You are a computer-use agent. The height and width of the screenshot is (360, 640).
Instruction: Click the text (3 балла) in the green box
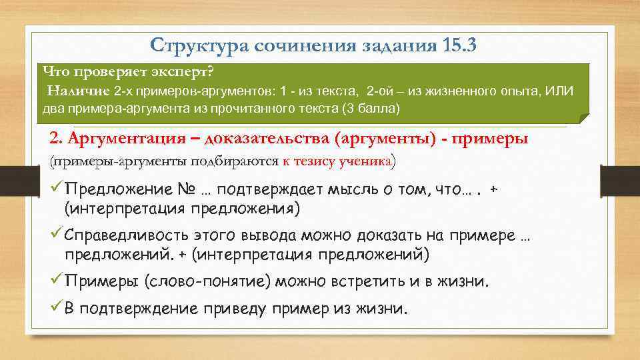point(370,108)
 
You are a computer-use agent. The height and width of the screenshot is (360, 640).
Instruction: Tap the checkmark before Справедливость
point(56,236)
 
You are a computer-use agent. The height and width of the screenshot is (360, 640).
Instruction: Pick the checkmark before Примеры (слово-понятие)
point(56,281)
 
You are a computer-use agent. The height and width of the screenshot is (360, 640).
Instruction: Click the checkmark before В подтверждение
point(56,309)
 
